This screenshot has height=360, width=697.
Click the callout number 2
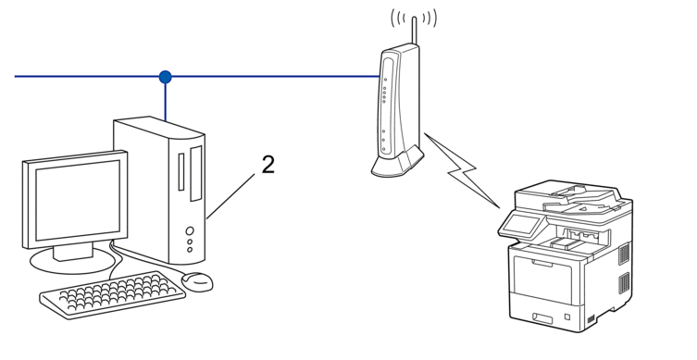268,165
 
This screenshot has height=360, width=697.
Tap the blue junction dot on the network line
166,77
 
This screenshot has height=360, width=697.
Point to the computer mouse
197,279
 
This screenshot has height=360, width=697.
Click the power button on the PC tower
190,230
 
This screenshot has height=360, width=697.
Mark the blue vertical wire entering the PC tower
166,100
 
